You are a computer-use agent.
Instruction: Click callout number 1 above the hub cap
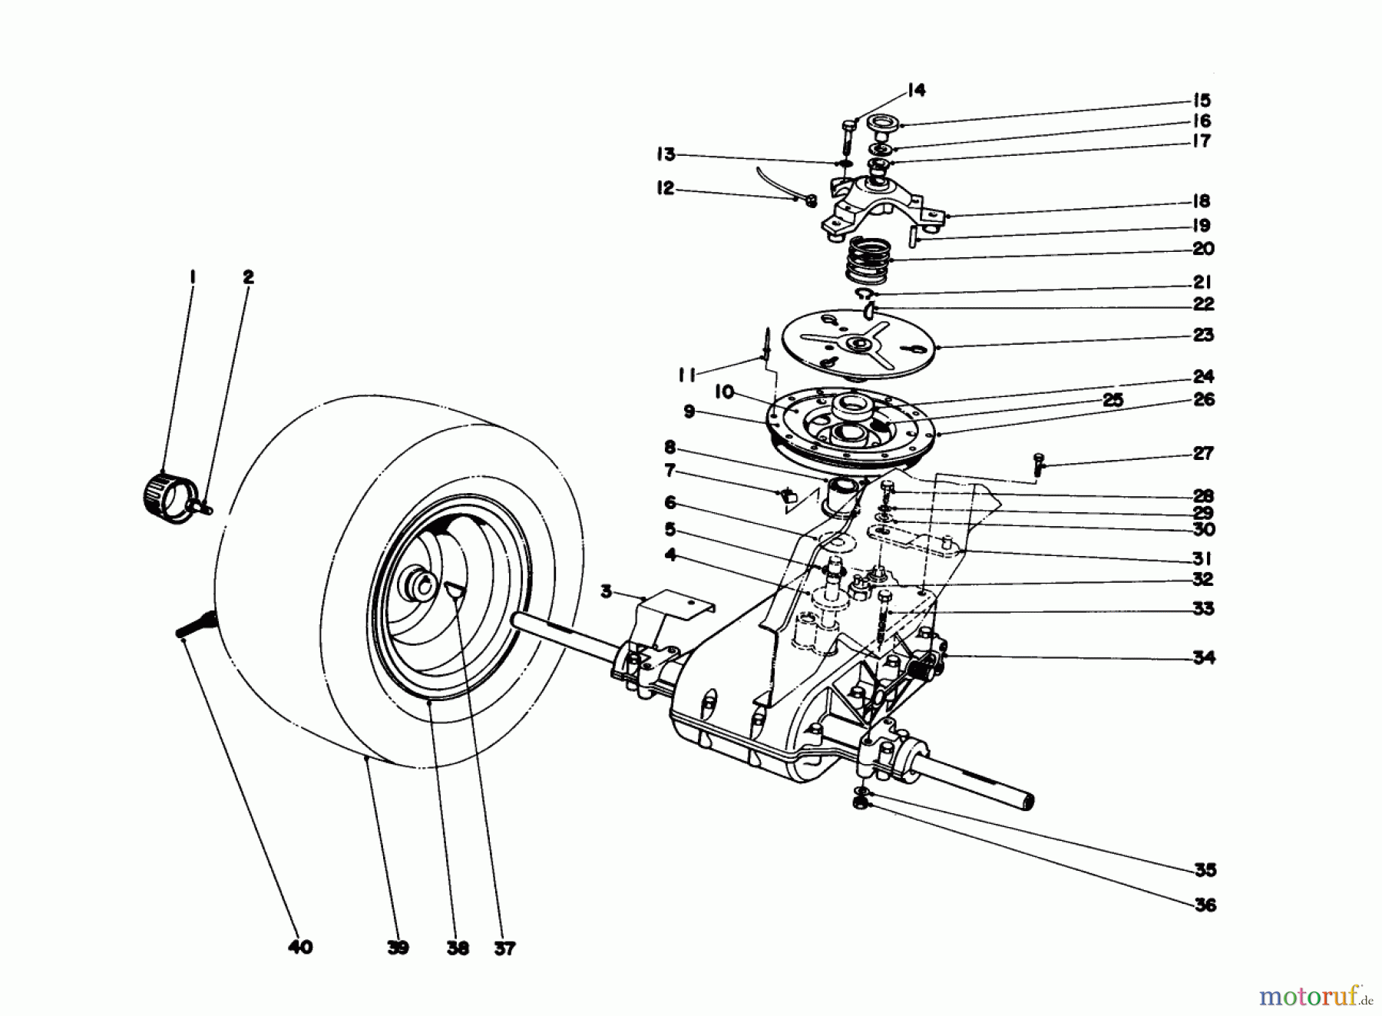tap(193, 276)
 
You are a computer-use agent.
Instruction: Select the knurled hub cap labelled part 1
tap(163, 496)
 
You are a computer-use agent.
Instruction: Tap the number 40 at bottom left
tap(300, 948)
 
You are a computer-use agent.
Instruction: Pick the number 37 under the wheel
tap(504, 948)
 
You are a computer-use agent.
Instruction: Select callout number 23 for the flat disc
tap(1203, 335)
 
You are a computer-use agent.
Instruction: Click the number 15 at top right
tap(1202, 101)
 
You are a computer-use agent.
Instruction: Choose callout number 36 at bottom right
tap(1205, 905)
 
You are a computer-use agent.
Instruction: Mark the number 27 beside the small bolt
tap(1203, 453)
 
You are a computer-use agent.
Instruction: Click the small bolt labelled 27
tap(1038, 465)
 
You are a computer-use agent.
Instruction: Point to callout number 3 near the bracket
tap(607, 592)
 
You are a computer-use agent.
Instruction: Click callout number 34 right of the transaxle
tap(1204, 657)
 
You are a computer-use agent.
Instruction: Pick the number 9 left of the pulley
tap(689, 412)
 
